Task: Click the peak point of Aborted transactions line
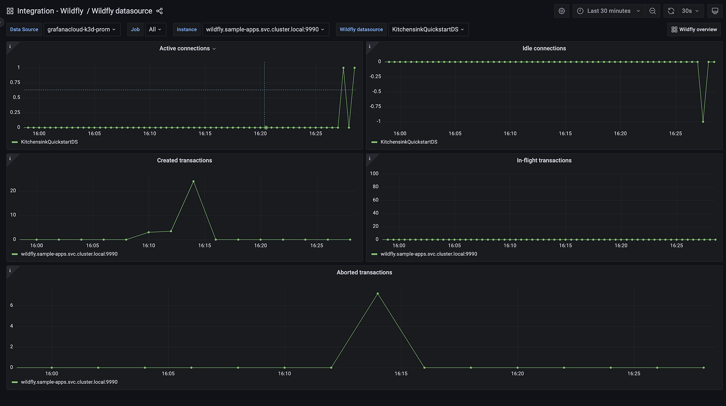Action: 378,294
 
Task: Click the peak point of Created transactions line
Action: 194,182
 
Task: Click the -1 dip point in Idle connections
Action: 703,122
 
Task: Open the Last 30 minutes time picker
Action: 608,11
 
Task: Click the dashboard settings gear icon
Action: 561,11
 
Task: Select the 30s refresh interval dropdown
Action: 690,11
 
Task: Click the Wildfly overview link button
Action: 694,29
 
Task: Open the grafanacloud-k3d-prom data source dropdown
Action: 81,29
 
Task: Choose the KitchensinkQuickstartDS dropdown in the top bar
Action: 428,29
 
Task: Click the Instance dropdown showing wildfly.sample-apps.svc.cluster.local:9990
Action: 265,29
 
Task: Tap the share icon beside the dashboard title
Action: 159,11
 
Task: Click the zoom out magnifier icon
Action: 652,11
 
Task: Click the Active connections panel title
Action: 185,48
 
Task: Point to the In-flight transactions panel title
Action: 544,160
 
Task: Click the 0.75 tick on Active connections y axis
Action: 15,82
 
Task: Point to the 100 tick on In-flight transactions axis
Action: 374,174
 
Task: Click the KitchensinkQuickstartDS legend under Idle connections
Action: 409,142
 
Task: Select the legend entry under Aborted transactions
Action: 69,382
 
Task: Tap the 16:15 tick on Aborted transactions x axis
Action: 401,374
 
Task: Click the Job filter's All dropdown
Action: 155,29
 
